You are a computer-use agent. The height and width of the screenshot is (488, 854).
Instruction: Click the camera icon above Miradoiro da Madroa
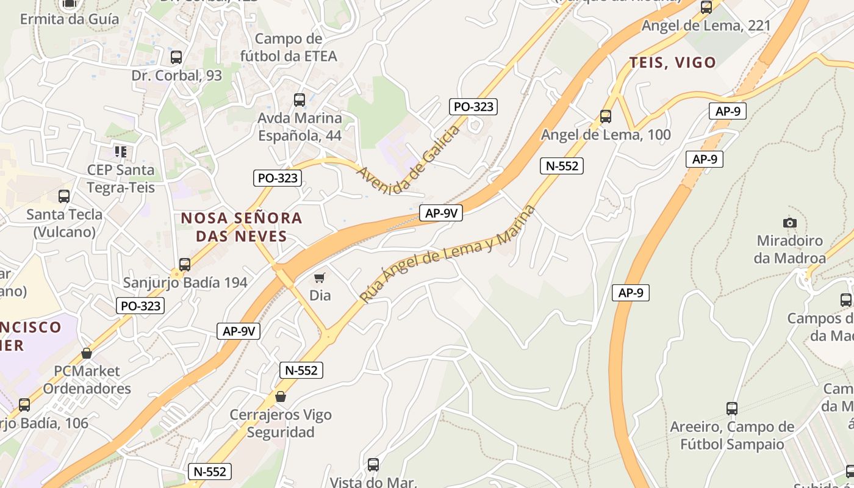(790, 223)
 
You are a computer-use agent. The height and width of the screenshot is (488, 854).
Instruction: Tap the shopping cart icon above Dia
(320, 278)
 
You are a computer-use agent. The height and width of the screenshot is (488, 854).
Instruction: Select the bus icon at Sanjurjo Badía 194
(185, 265)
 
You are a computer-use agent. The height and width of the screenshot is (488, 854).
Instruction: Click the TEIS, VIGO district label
(672, 62)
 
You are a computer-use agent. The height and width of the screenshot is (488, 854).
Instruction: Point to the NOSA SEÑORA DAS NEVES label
(242, 227)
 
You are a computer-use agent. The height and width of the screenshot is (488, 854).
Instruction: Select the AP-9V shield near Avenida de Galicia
(440, 213)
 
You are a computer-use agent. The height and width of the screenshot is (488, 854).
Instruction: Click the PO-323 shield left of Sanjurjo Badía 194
(140, 306)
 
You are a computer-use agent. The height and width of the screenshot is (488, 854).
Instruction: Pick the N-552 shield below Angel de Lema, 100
(562, 165)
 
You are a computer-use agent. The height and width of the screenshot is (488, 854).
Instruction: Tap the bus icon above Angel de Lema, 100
(606, 116)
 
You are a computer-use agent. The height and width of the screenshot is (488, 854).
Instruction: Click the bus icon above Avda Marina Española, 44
(300, 99)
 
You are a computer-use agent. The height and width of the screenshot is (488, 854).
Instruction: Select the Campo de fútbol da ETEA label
(296, 48)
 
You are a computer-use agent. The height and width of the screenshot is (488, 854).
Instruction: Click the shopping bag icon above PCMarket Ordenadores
(87, 353)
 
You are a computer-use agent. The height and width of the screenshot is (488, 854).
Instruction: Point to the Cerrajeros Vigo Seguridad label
(281, 423)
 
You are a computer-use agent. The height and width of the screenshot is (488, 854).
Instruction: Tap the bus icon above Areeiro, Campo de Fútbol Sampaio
(732, 408)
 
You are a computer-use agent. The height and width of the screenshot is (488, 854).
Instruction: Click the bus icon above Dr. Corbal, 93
(176, 57)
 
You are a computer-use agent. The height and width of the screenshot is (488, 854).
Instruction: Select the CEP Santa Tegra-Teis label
(121, 178)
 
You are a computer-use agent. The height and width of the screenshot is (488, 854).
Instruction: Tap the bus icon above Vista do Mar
(373, 465)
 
